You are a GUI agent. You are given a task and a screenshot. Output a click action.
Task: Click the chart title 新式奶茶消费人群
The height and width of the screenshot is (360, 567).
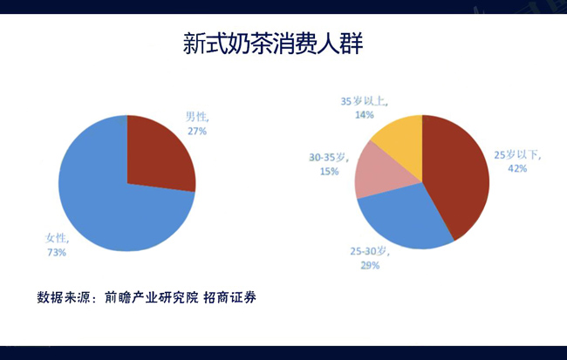(x=273, y=44)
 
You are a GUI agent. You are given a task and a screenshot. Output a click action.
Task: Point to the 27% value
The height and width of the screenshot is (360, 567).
(x=197, y=132)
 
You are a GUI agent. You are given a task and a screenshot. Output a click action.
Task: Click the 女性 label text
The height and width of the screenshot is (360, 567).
(x=57, y=238)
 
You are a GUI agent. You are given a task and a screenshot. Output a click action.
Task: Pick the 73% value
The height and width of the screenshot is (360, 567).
(x=57, y=253)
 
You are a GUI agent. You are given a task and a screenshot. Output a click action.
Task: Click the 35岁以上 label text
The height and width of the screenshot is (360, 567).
(x=365, y=101)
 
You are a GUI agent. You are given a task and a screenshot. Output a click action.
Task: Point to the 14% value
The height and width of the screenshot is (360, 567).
(x=365, y=115)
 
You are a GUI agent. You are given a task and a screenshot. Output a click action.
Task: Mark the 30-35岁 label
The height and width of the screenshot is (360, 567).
(x=329, y=158)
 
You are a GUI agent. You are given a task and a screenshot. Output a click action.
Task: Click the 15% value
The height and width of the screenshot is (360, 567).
(x=329, y=172)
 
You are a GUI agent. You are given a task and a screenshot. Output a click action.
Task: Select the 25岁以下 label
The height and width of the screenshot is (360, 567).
(x=518, y=155)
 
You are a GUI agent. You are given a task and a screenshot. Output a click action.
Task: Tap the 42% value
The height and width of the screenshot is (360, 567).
(x=517, y=169)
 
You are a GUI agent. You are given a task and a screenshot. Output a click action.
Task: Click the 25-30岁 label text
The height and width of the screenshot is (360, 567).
(x=370, y=251)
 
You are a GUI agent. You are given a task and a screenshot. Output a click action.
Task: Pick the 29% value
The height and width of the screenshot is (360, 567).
(x=370, y=266)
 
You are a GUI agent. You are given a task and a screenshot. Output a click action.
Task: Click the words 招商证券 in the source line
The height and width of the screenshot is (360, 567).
(x=229, y=297)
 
